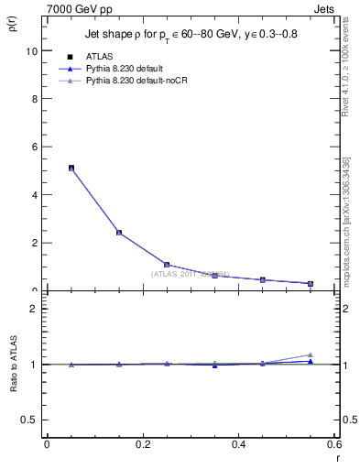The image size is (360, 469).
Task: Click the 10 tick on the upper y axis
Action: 34,51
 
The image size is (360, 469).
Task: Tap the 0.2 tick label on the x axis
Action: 142,444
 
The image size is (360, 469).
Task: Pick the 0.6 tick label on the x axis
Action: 333,444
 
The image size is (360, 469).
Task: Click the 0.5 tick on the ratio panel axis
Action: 33,420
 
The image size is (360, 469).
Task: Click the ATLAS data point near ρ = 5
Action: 71,169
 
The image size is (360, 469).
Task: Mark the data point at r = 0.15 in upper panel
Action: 119,233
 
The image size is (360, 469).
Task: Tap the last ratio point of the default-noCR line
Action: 311,354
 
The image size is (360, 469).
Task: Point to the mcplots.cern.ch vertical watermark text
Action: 352,215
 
